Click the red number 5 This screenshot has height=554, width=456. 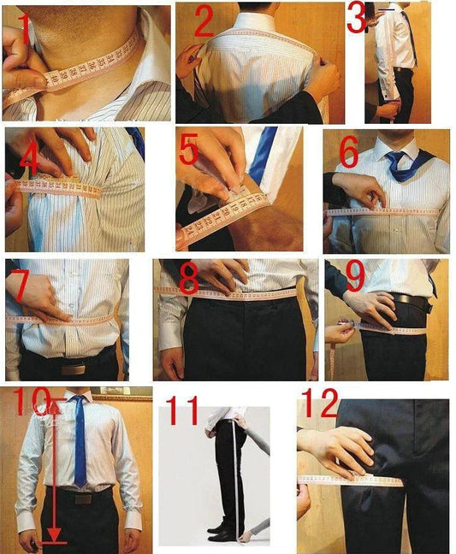point(189,149)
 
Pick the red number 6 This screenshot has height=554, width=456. point(348,152)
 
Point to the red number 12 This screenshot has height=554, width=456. point(319,406)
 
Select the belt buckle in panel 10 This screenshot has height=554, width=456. point(83,498)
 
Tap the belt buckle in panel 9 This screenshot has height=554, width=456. point(403,301)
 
